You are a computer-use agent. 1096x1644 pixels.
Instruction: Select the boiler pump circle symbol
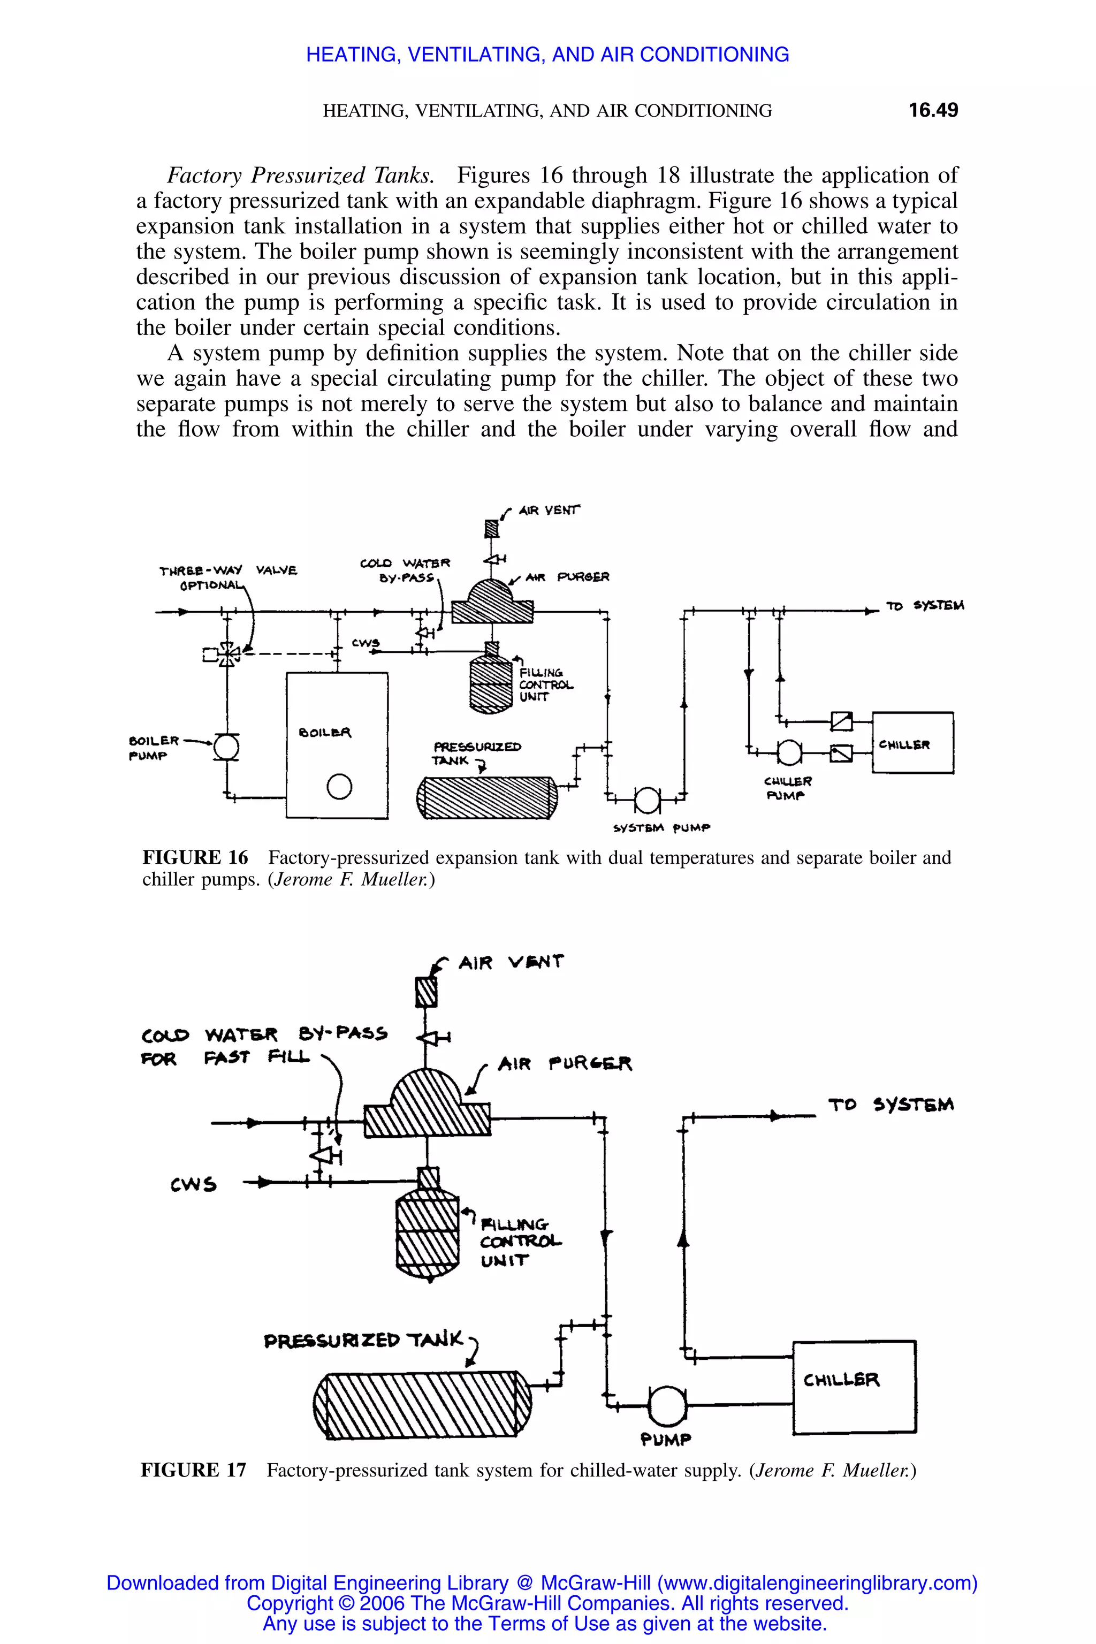(226, 747)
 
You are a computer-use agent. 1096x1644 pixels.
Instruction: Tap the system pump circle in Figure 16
(646, 801)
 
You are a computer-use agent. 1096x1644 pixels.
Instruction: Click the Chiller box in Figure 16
(912, 742)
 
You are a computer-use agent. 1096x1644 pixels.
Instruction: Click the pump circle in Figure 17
(667, 1406)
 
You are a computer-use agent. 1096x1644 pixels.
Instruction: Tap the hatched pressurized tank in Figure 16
(487, 797)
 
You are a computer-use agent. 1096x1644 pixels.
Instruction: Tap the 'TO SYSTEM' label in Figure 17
(890, 1105)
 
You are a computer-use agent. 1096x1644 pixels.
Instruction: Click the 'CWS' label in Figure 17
(194, 1184)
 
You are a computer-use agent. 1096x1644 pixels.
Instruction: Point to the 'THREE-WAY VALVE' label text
(228, 570)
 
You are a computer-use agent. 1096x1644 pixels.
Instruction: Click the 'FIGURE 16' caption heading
(195, 858)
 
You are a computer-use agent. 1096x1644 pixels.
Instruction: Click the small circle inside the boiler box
(339, 787)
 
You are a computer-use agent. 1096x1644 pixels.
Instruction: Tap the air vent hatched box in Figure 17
(427, 992)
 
